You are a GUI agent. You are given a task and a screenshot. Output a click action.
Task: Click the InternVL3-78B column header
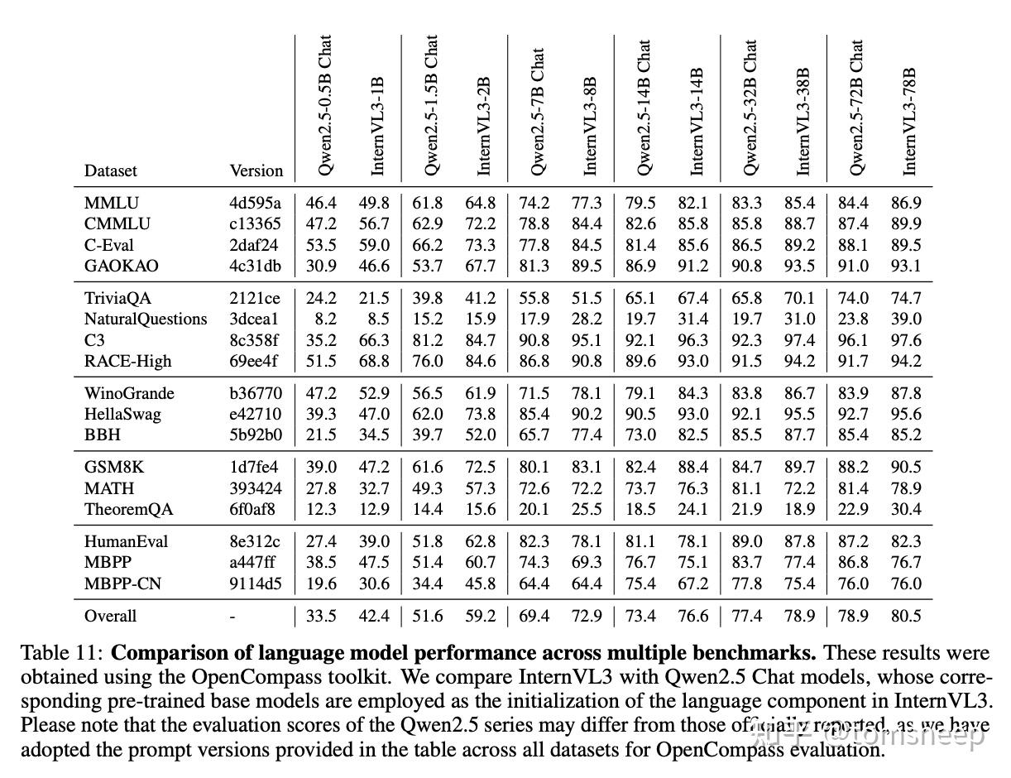(910, 121)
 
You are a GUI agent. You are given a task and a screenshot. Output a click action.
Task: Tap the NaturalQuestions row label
(146, 319)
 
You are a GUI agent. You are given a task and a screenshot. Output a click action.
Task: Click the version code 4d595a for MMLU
(255, 203)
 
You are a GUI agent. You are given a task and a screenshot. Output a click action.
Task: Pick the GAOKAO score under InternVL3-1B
(374, 266)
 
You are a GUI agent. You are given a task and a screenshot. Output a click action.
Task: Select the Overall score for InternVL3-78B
(905, 616)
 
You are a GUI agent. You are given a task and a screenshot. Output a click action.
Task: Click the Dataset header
(111, 170)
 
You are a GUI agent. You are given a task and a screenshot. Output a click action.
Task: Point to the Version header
(256, 170)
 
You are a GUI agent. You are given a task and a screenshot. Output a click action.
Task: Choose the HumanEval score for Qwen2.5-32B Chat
(747, 541)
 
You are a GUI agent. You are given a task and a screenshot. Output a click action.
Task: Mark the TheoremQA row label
(129, 509)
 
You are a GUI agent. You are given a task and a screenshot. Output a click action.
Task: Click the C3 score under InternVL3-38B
(799, 340)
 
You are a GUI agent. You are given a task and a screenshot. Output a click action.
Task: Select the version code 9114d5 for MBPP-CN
(255, 583)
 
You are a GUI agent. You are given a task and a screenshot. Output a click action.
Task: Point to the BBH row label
(103, 435)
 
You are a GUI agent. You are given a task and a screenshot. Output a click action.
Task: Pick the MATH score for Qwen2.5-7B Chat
(534, 488)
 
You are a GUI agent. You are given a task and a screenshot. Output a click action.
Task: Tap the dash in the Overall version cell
(232, 616)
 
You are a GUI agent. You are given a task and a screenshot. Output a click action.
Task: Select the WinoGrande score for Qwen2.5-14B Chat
(641, 393)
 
